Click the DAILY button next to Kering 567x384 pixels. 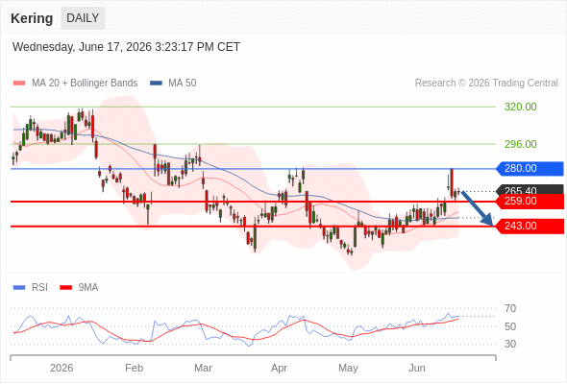pos(83,18)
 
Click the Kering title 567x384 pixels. pos(32,18)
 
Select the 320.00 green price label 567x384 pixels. pos(520,107)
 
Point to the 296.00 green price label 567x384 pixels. pos(520,144)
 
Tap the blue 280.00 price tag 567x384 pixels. pos(530,168)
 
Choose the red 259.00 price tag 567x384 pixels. pos(530,202)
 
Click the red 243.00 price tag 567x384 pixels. pos(530,227)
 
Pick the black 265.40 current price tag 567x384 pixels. pos(530,189)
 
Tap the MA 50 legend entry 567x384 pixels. pos(173,84)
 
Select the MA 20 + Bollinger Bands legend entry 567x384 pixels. pos(75,84)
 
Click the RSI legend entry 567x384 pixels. pos(31,288)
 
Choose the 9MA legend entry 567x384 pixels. pos(79,288)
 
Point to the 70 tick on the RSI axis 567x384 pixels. pos(510,308)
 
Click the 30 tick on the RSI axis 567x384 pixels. pos(510,344)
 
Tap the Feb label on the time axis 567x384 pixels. pos(135,368)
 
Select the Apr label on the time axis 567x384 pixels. pos(279,368)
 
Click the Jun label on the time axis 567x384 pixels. pos(417,368)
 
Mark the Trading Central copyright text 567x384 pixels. pos(486,84)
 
